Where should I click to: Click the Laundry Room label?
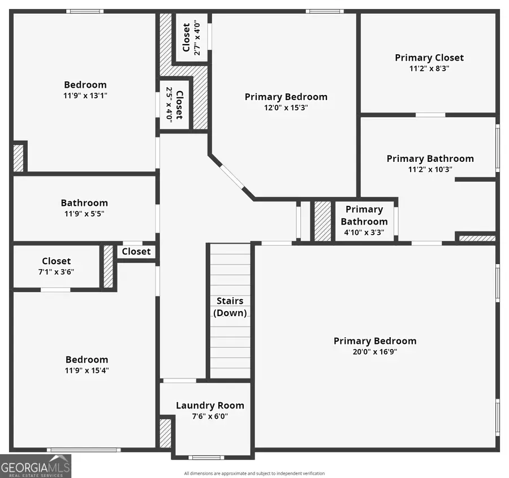(210, 405)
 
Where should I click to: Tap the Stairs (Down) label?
(230, 307)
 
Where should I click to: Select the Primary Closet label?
(429, 57)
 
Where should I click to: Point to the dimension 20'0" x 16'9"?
(374, 351)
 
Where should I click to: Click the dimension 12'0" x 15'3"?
(286, 107)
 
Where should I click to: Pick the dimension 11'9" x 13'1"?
(85, 96)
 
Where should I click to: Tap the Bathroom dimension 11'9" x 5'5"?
(84, 214)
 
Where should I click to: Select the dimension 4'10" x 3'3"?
(364, 232)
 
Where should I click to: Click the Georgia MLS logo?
(36, 466)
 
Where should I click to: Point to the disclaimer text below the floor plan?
(254, 473)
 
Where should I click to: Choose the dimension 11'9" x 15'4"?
(87, 371)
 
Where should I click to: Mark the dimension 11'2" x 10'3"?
(430, 169)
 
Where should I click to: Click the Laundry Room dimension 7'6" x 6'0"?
(210, 416)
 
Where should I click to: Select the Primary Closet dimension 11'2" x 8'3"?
(429, 68)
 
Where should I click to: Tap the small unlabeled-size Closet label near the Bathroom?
(136, 251)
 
